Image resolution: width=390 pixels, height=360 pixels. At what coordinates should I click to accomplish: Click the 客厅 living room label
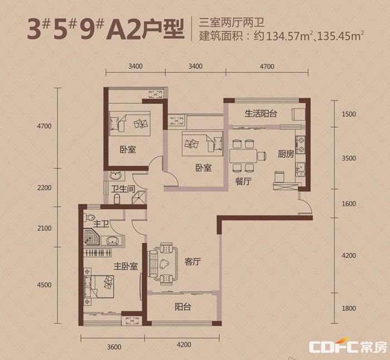tap(193, 262)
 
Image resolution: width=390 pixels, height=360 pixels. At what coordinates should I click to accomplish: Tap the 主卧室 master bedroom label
tap(125, 266)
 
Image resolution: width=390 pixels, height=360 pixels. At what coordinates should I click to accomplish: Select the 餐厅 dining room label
tap(243, 181)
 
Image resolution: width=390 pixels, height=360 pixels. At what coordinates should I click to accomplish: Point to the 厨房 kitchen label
tap(286, 154)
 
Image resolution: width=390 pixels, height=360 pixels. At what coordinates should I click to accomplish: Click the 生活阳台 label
tap(261, 114)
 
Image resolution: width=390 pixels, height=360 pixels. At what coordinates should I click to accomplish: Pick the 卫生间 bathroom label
tap(123, 189)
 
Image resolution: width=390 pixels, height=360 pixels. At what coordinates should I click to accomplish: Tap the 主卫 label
tap(101, 224)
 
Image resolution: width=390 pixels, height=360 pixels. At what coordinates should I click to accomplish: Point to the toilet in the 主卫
tap(89, 217)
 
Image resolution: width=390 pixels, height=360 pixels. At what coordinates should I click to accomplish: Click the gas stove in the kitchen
tap(300, 145)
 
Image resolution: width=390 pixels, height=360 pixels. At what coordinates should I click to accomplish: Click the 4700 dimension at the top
tap(267, 66)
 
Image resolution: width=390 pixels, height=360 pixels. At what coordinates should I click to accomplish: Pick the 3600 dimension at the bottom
tap(114, 347)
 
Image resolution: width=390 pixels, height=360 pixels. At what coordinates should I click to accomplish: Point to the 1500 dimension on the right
tap(349, 114)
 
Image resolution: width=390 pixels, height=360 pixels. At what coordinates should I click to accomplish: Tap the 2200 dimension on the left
tap(45, 188)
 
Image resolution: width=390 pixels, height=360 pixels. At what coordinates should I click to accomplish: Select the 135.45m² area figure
tap(341, 36)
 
